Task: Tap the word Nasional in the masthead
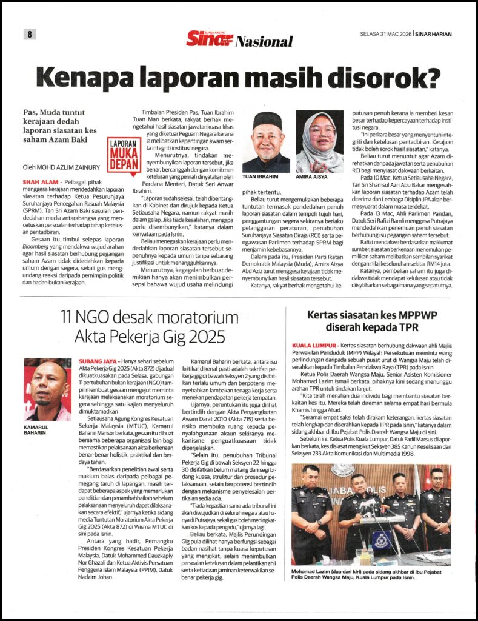coord(264,42)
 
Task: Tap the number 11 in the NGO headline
coord(71,317)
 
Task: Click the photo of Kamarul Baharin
coord(47,389)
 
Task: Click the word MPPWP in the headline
coord(414,315)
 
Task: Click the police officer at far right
coord(436,509)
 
